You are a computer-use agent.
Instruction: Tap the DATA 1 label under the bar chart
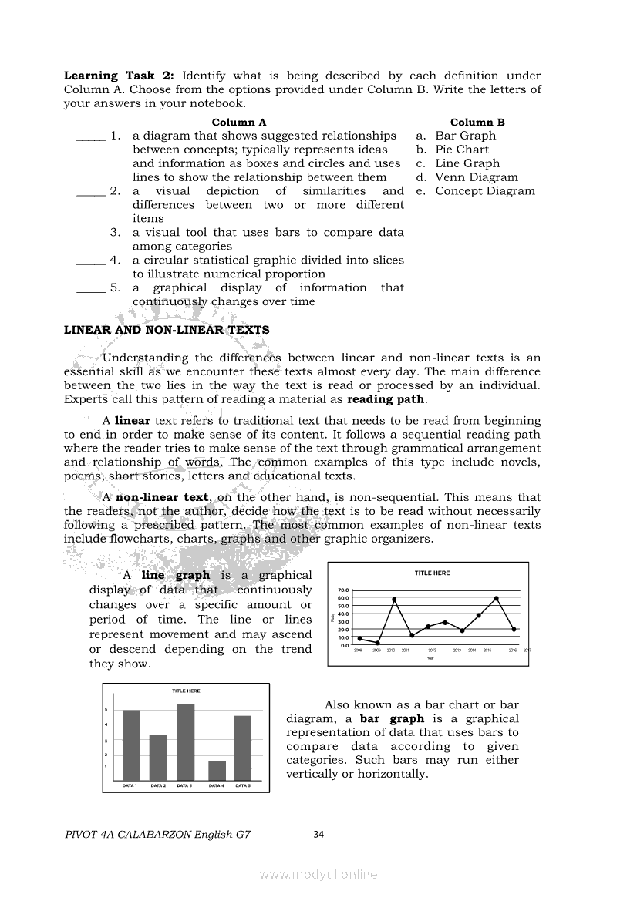tap(130, 785)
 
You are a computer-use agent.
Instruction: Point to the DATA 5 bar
tap(242, 748)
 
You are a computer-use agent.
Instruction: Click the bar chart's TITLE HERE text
tap(186, 691)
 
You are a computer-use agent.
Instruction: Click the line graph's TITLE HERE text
tap(432, 573)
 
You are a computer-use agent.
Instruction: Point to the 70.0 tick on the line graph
tap(343, 590)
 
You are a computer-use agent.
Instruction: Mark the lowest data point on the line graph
tap(377, 643)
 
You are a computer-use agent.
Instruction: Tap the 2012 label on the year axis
tap(433, 651)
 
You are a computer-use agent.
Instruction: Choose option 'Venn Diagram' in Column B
tap(476, 177)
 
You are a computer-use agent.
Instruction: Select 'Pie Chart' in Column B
tap(461, 150)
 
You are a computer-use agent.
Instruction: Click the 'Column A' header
tap(239, 122)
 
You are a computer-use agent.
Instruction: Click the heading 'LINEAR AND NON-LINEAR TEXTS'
tap(167, 330)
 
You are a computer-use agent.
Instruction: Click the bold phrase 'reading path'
tap(386, 399)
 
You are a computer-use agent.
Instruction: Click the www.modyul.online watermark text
tap(318, 874)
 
